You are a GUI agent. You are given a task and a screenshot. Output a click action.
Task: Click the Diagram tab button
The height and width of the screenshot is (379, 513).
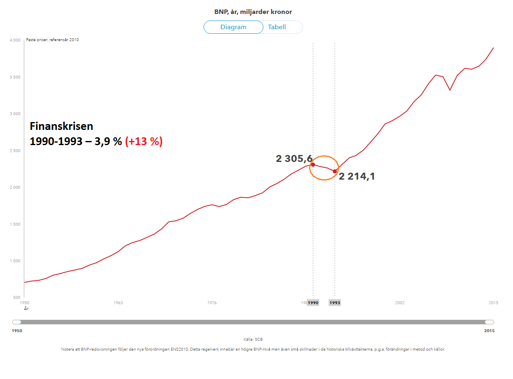(233, 27)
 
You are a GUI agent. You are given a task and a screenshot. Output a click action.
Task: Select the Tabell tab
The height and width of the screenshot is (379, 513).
(277, 27)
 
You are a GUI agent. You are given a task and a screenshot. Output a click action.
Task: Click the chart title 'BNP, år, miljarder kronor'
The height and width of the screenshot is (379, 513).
(253, 12)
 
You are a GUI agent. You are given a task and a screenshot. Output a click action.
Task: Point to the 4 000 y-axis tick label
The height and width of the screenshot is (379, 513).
(15, 40)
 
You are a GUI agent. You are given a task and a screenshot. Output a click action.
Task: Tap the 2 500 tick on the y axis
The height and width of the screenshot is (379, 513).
(15, 151)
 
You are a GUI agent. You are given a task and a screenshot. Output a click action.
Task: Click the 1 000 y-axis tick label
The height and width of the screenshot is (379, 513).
(15, 261)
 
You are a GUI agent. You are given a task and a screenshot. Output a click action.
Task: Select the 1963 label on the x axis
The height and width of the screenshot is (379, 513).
(118, 303)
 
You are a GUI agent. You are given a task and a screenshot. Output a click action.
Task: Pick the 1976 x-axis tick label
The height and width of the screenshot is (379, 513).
(212, 303)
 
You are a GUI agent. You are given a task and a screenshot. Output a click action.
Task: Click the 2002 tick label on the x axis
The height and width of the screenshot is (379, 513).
(400, 303)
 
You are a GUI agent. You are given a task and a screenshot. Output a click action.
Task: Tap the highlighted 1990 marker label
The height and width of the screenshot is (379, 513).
(313, 303)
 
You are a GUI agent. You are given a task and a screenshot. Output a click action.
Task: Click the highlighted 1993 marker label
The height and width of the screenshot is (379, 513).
(335, 303)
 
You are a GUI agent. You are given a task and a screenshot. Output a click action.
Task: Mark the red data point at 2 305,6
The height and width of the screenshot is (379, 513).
(313, 165)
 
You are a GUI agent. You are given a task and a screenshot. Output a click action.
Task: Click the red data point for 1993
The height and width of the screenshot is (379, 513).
(335, 171)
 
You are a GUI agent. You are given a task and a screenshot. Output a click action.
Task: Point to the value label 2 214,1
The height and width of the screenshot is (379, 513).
(357, 177)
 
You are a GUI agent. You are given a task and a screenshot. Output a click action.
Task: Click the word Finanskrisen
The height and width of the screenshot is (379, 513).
(62, 127)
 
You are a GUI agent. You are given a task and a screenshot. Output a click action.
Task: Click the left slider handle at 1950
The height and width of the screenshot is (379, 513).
(17, 322)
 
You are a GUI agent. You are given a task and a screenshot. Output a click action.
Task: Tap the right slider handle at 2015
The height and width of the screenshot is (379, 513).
(489, 322)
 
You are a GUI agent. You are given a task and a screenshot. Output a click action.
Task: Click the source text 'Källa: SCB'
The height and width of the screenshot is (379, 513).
(253, 340)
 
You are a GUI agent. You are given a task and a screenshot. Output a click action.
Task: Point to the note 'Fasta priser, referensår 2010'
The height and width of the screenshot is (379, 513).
(53, 40)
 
